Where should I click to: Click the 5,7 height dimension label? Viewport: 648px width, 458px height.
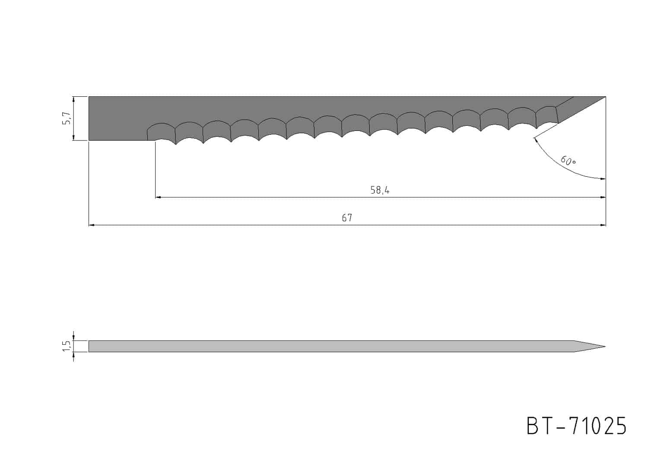(67, 118)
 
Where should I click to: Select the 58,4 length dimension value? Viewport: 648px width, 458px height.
(380, 190)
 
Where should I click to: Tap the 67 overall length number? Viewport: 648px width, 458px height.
(347, 218)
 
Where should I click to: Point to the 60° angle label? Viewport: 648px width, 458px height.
(568, 161)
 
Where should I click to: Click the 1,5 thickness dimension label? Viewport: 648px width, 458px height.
(67, 346)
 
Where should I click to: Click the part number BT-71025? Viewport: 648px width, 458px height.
(576, 426)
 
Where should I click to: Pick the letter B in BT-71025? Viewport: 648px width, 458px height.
(533, 426)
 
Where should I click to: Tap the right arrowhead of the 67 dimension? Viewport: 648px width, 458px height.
(603, 225)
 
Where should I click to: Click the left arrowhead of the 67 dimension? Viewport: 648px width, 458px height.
(92, 225)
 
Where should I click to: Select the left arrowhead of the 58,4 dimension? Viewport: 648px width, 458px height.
(158, 197)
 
